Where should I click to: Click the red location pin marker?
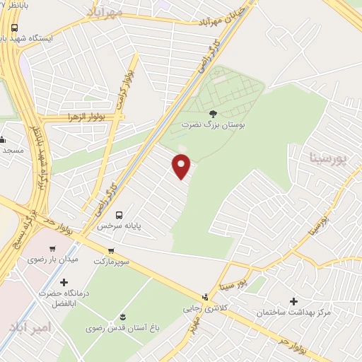pos(182,165)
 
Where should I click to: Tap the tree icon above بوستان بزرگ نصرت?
pos(213,113)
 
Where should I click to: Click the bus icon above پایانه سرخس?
pos(119,215)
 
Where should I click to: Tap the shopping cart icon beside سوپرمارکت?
pos(110,251)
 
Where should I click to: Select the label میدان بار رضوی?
pos(47,259)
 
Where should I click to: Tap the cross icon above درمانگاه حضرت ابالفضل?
pos(64,282)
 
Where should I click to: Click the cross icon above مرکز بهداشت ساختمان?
pos(294,300)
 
